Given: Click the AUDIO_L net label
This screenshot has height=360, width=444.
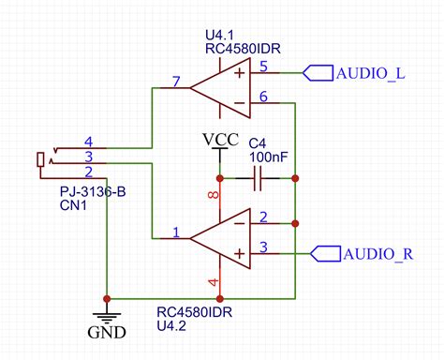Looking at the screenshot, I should click(x=370, y=73).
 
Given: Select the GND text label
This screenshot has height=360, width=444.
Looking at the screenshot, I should click(x=106, y=332).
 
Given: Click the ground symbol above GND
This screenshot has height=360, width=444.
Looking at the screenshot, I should click(x=106, y=312).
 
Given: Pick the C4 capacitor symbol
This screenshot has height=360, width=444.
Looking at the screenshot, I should click(x=257, y=177).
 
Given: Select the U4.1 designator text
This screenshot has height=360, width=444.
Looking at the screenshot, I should click(x=229, y=34).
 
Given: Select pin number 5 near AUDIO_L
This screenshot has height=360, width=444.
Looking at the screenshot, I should click(x=264, y=67).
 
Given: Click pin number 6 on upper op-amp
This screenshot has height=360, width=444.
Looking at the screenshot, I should click(x=264, y=97).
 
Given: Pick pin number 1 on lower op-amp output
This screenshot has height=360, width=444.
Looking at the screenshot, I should click(x=175, y=231).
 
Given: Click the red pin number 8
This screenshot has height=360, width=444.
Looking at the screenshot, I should click(x=213, y=196).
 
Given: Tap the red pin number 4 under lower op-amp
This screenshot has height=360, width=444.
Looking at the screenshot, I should click(x=213, y=280).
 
